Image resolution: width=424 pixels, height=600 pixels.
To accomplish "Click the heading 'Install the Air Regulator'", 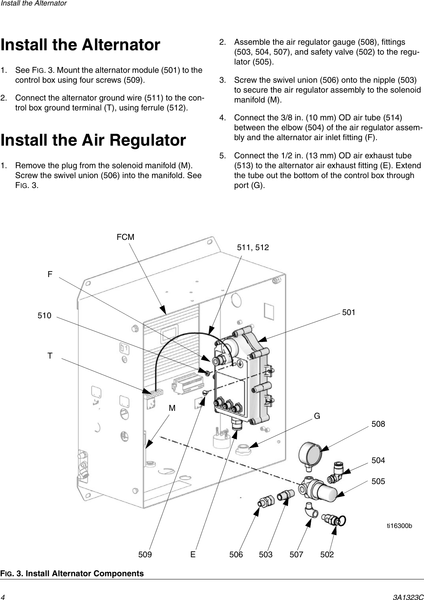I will pyautogui.click(x=93, y=141).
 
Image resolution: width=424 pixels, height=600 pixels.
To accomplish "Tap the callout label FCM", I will pyautogui.click(x=125, y=237).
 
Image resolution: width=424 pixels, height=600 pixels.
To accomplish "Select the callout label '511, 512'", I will pyautogui.click(x=253, y=247).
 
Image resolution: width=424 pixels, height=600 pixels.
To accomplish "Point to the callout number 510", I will pyautogui.click(x=44, y=315).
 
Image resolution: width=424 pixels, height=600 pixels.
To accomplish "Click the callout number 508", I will pyautogui.click(x=378, y=424).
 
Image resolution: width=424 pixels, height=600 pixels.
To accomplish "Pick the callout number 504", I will pyautogui.click(x=378, y=460).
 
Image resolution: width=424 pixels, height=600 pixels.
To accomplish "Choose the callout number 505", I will pyautogui.click(x=378, y=481).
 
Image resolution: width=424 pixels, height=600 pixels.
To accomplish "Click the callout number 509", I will pyautogui.click(x=145, y=554).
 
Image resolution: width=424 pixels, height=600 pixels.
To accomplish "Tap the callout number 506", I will pyautogui.click(x=236, y=554).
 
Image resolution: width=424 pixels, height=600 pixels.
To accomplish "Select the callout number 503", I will pyautogui.click(x=266, y=554).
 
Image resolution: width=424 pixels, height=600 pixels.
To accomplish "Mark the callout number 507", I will pyautogui.click(x=296, y=554).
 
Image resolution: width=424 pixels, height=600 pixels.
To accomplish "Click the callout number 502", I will pyautogui.click(x=327, y=554).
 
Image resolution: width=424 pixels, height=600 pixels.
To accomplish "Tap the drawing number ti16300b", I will pyautogui.click(x=399, y=526).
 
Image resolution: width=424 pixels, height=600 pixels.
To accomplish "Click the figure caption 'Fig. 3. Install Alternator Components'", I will pyautogui.click(x=72, y=573).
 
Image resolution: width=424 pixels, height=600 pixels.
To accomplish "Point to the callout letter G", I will pyautogui.click(x=317, y=416).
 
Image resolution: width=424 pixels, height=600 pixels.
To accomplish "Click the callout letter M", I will pyautogui.click(x=173, y=408).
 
